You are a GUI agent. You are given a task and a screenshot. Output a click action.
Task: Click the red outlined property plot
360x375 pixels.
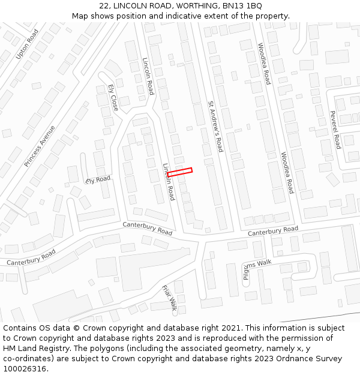(x=179, y=172)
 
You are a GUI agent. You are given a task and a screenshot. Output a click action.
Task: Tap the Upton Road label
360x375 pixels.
(x=27, y=44)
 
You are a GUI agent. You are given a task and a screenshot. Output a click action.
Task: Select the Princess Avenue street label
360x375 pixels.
(x=40, y=146)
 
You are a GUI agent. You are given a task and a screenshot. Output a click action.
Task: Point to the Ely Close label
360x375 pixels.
(x=113, y=97)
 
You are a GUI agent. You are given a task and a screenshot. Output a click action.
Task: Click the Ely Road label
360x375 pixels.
(x=98, y=179)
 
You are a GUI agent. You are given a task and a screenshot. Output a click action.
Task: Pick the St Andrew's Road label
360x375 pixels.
(x=215, y=126)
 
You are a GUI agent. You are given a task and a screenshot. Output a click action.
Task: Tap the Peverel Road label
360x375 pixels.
(x=335, y=130)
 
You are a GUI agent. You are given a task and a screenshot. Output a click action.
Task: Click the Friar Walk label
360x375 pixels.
(x=169, y=298)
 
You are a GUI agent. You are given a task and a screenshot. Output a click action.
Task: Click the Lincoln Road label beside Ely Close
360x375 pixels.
(x=148, y=76)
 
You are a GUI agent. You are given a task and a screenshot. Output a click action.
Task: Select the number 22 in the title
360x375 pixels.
(x=104, y=5)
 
